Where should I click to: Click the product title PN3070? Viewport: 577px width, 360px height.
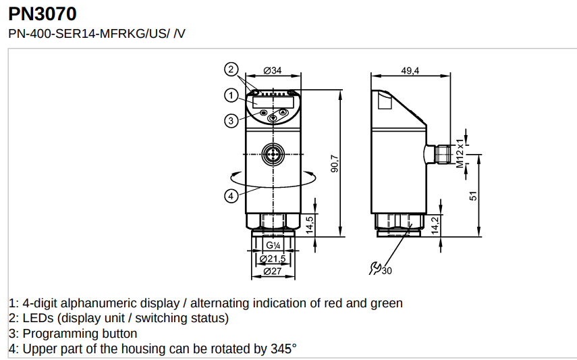42,13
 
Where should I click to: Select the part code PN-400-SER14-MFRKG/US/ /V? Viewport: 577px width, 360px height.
96,33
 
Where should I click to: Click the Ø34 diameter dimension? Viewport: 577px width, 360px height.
272,70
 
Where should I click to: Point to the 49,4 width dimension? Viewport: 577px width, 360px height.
410,70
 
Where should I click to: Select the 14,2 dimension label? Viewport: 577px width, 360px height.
435,225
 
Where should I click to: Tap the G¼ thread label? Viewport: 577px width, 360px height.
272,246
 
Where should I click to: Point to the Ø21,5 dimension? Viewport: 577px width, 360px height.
272,259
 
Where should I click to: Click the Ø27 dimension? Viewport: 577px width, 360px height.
272,271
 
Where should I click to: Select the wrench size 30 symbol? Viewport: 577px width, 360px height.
380,269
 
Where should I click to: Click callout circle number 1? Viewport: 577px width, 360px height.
231,95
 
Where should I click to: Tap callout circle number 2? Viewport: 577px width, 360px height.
231,69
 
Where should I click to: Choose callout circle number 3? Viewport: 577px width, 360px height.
231,121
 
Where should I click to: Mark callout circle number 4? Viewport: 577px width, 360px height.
231,196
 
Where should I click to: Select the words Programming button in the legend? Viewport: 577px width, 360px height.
80,334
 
